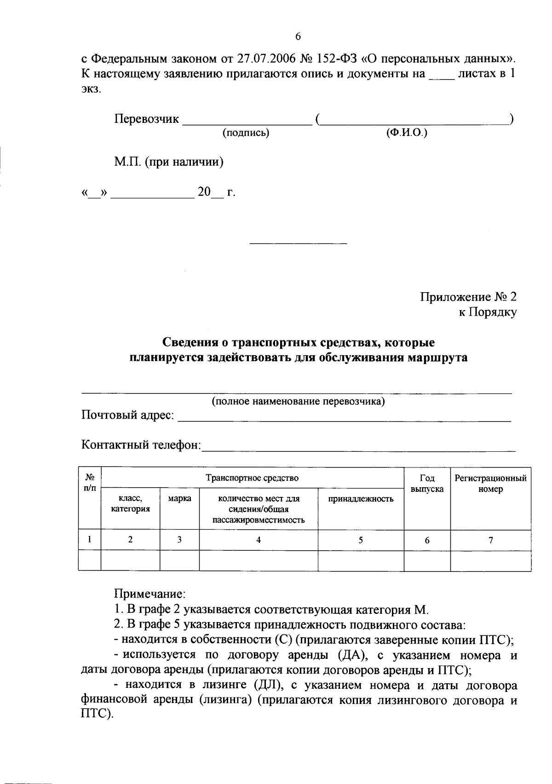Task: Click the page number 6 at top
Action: click(x=298, y=37)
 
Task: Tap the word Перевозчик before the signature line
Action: click(x=146, y=119)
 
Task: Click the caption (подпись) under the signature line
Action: click(x=246, y=133)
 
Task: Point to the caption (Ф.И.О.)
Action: click(x=407, y=133)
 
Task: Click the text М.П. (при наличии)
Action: click(x=169, y=162)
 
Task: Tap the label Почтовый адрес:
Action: click(x=128, y=415)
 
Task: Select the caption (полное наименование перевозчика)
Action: click(x=298, y=401)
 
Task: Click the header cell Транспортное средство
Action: click(x=252, y=478)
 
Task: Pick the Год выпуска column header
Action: click(x=427, y=484)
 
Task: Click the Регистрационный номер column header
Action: click(x=490, y=484)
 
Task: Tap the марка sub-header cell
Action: click(x=179, y=499)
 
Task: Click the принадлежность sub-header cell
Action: click(x=361, y=499)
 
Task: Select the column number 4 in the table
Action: click(x=259, y=540)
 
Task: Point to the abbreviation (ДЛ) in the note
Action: click(x=266, y=686)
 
